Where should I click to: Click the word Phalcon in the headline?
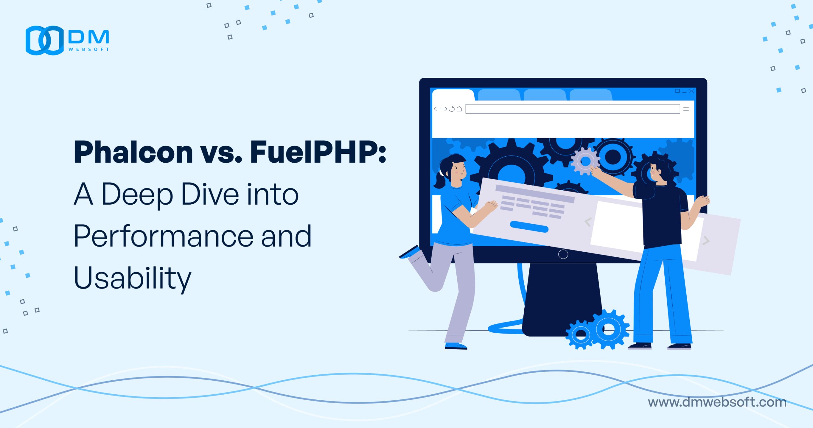click(x=133, y=152)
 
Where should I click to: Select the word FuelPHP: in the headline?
click(x=318, y=152)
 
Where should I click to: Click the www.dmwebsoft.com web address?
click(x=717, y=402)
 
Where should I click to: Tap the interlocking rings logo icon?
click(x=44, y=40)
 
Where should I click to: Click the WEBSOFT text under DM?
click(x=89, y=49)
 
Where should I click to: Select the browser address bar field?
click(x=573, y=109)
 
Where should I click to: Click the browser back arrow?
click(x=437, y=109)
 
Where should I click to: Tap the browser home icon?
click(x=459, y=109)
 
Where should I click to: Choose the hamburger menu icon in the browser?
click(x=686, y=109)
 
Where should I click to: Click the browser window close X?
click(x=691, y=91)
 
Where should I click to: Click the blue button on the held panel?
click(x=529, y=227)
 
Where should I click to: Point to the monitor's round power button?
click(x=563, y=254)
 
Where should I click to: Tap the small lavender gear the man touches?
click(x=585, y=161)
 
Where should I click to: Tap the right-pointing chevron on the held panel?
click(x=706, y=241)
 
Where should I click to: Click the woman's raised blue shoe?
click(x=410, y=252)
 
